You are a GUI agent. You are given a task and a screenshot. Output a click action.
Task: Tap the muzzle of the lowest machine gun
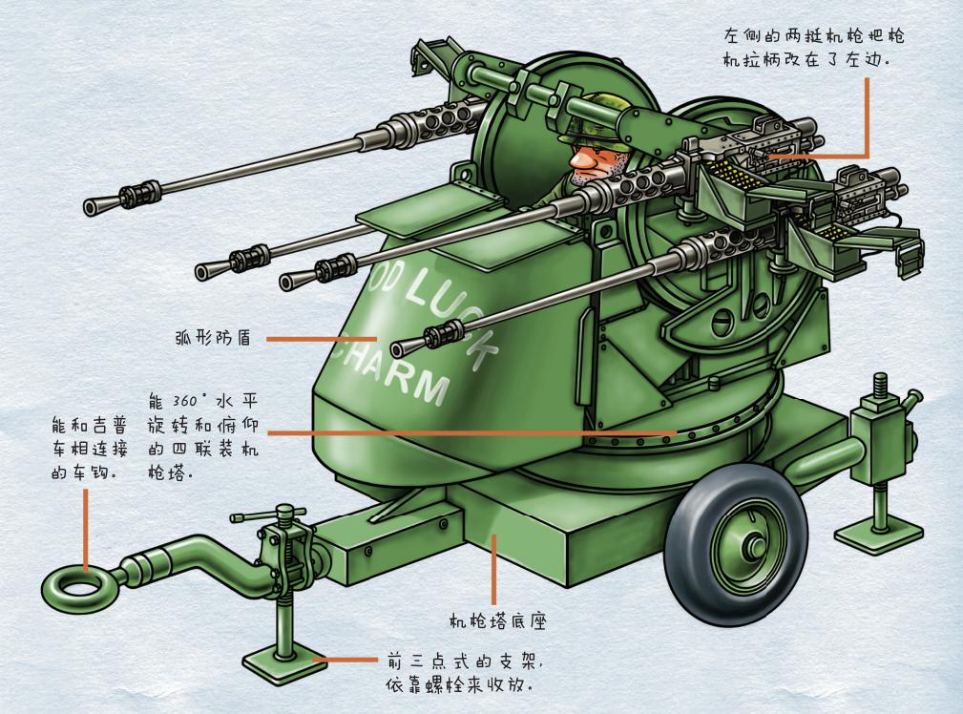(x=399, y=345)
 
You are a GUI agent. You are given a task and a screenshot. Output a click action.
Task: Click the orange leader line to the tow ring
(x=86, y=530)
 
